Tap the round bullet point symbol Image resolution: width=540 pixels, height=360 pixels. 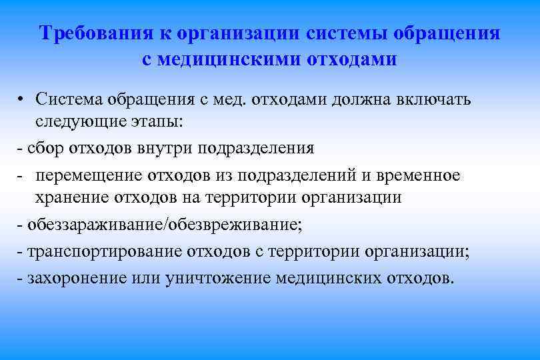(x=23, y=101)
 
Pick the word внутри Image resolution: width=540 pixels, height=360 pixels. (x=166, y=148)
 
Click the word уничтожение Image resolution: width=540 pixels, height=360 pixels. (x=217, y=277)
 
